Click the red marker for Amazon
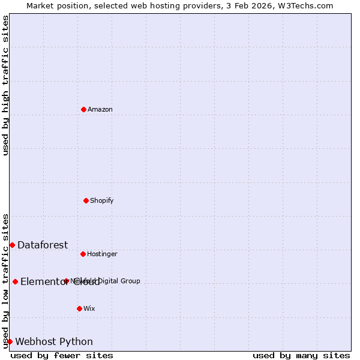coord(83,109)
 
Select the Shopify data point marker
coord(86,200)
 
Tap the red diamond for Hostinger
coord(83,254)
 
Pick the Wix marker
coord(79,308)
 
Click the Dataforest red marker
coord(12,245)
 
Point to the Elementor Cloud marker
coord(15,281)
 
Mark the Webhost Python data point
coord(10,341)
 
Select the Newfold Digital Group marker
coord(66,281)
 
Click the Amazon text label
coord(100,110)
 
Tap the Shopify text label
coord(102,201)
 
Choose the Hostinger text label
coord(102,254)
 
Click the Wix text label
coord(89,309)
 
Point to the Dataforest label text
coord(43,245)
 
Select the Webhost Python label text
coord(54,342)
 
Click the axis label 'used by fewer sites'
coord(62,356)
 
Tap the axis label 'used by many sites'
coord(301,356)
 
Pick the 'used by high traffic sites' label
coord(5,85)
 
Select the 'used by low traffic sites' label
coord(5,280)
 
